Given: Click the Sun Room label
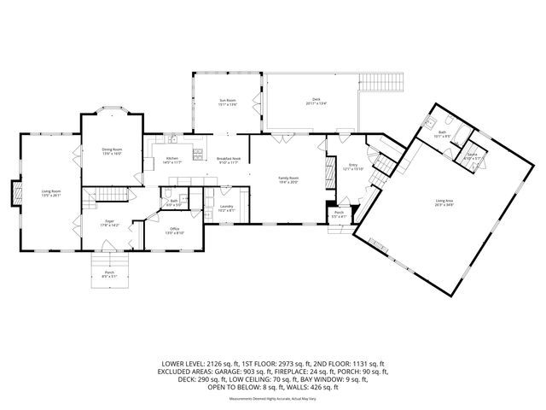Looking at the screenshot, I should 226,102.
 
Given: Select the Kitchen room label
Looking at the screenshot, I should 171,160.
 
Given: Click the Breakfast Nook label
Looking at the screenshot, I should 228,160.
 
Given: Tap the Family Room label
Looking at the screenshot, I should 288,179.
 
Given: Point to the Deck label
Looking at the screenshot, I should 316,102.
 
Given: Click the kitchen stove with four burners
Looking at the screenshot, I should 197,154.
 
